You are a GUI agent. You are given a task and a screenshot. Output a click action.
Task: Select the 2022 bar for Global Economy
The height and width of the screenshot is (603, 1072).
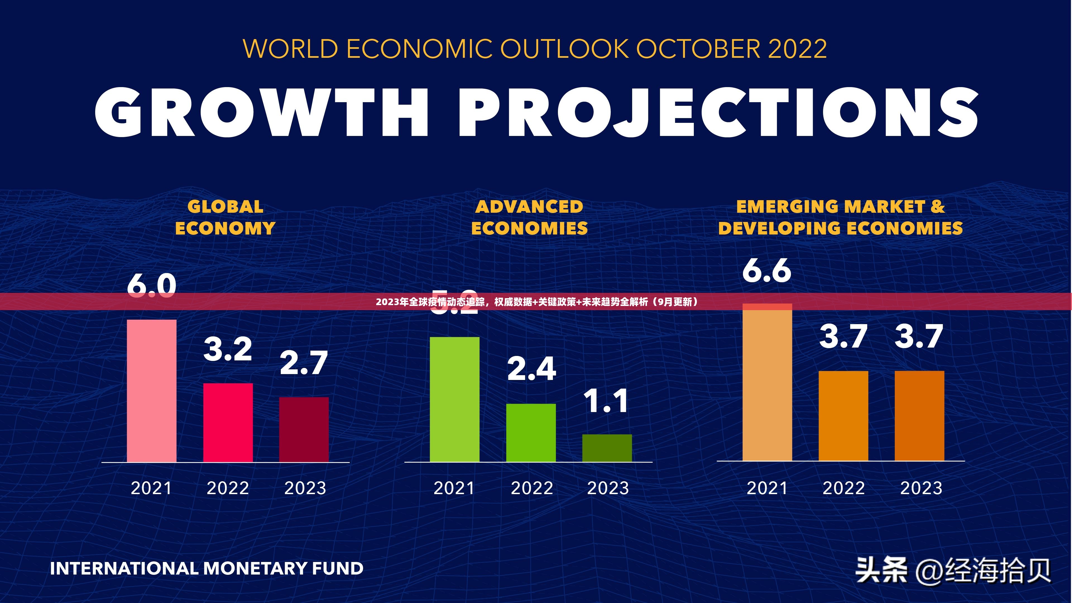(228, 422)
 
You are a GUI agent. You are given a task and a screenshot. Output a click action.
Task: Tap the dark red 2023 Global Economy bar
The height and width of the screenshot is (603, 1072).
(304, 429)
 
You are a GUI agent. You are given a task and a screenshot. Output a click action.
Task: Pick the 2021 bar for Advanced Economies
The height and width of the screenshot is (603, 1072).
(454, 399)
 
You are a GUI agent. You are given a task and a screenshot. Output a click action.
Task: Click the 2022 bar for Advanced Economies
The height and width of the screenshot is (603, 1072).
(531, 432)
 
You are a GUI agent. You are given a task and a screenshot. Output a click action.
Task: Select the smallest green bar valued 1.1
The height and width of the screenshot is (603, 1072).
(607, 448)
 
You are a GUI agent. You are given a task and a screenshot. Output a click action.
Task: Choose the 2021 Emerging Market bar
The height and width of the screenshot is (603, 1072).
(767, 383)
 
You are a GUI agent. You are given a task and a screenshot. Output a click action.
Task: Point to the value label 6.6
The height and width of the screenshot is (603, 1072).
(767, 271)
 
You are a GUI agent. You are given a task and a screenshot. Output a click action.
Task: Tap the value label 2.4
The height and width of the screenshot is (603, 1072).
(531, 369)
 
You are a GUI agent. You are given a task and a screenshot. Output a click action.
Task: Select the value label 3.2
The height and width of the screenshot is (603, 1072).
(228, 349)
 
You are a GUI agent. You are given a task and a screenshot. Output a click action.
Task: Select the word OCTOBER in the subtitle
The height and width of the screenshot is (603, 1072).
(698, 49)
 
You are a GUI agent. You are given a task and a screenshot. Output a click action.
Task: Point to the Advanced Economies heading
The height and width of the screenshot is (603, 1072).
(529, 217)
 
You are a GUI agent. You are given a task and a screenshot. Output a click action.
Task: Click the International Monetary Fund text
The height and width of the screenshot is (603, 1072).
(207, 568)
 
